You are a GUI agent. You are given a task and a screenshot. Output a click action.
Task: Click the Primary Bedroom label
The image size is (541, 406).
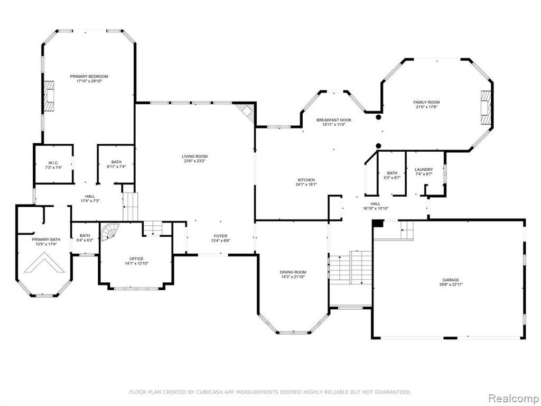[89, 76]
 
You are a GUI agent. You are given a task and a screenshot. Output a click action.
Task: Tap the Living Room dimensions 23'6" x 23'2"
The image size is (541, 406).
[194, 161]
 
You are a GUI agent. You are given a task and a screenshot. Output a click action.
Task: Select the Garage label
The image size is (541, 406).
[451, 280]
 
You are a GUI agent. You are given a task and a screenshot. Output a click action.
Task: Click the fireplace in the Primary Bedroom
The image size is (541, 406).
[49, 96]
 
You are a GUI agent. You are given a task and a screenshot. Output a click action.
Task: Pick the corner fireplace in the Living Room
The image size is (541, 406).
[246, 113]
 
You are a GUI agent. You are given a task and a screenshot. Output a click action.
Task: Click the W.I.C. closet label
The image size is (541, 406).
[53, 163]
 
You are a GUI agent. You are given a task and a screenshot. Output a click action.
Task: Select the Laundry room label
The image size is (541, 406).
[424, 170]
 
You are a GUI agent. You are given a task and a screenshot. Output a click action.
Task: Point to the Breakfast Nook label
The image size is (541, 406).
[334, 120]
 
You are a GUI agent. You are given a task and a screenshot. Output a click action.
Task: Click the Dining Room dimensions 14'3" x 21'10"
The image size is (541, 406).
[293, 276]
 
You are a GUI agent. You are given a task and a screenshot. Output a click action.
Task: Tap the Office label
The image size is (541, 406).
[136, 259]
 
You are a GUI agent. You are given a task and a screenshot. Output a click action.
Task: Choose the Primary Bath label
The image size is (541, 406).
[46, 239]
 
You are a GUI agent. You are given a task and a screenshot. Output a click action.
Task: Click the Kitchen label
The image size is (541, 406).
[306, 180]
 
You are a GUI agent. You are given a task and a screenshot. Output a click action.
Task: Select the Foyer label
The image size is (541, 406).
[220, 236]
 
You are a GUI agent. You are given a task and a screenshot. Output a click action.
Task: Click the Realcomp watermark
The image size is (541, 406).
[513, 399]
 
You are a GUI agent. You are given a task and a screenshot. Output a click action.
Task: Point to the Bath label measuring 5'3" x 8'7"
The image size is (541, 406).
[392, 173]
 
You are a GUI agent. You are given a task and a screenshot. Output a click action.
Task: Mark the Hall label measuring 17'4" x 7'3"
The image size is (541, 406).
[90, 196]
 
